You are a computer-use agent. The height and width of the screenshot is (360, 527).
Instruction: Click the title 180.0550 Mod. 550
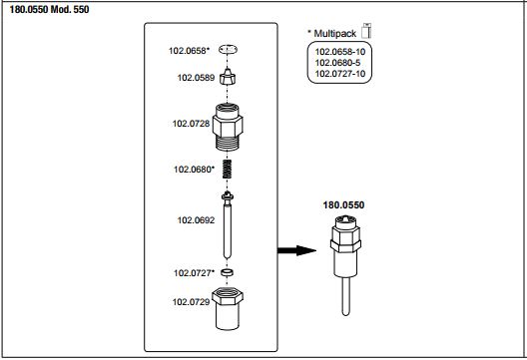coord(50,9)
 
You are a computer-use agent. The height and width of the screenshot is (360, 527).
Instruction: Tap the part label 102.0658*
coord(189,51)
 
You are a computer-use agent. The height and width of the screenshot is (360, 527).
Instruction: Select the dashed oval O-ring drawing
coord(228,50)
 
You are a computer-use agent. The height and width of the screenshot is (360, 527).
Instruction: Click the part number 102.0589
coord(196,78)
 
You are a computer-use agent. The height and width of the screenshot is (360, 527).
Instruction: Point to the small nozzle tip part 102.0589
coord(228,77)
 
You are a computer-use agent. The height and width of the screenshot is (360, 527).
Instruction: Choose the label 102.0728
coord(191,124)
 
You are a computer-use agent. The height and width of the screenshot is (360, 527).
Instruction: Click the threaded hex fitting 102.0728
coord(228,127)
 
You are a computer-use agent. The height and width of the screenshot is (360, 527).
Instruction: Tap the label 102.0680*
coord(194,170)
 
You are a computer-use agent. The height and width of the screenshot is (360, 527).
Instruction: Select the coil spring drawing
coord(228,170)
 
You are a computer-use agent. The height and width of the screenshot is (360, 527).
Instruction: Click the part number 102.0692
coord(196,220)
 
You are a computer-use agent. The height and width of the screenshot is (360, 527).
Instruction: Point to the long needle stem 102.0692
coord(228,225)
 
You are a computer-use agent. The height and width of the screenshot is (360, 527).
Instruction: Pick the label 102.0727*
coord(194,273)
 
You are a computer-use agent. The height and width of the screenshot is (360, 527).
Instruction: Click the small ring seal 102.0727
coord(228,272)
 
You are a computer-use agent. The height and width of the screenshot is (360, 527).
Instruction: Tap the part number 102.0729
coord(191,302)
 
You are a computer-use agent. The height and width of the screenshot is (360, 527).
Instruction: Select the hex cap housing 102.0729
coord(228,308)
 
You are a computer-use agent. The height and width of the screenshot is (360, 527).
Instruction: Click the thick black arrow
coord(296,250)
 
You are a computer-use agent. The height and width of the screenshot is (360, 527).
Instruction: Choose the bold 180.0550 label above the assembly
coord(343,205)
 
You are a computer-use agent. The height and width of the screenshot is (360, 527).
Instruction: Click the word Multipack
coord(334,34)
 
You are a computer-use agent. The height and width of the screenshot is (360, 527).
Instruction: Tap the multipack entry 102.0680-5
coord(337,63)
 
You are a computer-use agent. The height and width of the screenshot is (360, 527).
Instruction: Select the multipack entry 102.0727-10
coord(340,74)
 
